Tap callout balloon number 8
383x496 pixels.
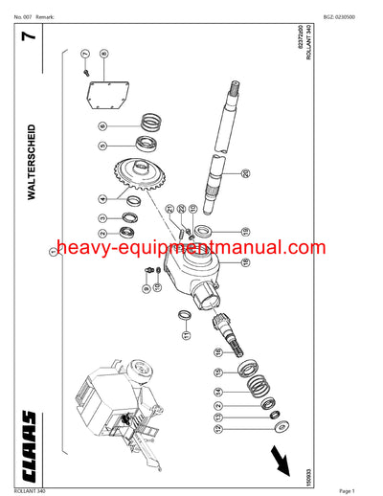[x=103, y=55]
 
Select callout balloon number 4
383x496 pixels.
[x=102, y=199]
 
